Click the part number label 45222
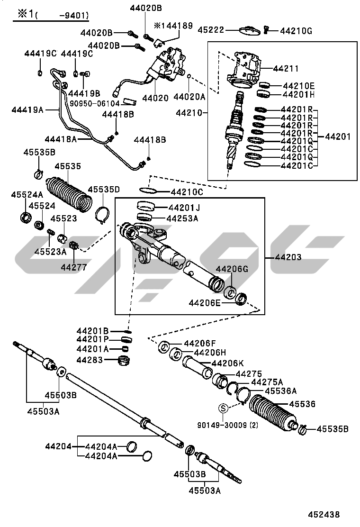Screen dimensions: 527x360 tap(210, 29)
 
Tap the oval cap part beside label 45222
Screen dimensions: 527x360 tap(249, 31)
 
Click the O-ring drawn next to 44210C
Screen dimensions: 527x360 tap(149, 191)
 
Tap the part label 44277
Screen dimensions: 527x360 tap(73, 267)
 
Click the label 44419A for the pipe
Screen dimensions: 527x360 tap(27, 110)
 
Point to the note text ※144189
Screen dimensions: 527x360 tap(173, 26)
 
